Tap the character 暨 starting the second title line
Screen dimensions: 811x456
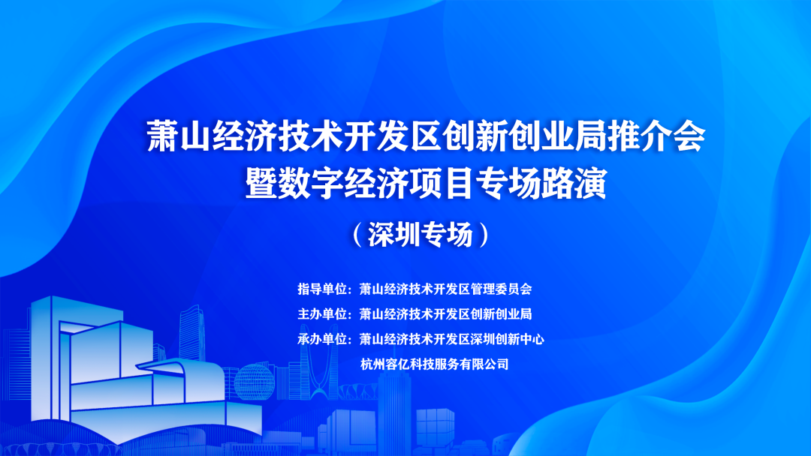[x=262, y=183]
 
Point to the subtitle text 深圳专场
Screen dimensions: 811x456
[x=421, y=235]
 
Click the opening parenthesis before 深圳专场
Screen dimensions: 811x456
[x=357, y=235]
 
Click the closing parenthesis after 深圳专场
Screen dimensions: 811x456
[x=484, y=235]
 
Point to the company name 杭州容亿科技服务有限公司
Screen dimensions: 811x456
[x=435, y=364]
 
